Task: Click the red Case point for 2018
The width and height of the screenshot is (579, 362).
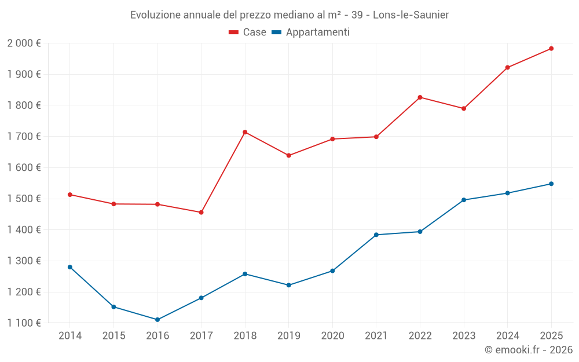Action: click(x=245, y=132)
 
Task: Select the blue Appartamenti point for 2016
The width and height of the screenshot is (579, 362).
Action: click(x=157, y=320)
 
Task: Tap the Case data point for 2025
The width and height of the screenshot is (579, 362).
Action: click(x=551, y=49)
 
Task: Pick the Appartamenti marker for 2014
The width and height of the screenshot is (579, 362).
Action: click(x=70, y=267)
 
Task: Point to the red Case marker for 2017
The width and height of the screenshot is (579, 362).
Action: click(x=201, y=213)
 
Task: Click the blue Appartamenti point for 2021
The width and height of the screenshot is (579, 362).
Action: click(x=376, y=235)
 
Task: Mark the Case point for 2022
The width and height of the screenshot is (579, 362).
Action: click(x=420, y=97)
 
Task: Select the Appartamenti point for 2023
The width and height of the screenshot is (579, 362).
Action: click(x=464, y=200)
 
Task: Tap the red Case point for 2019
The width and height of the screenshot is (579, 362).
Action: click(x=289, y=155)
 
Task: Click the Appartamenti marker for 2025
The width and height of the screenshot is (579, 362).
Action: click(x=551, y=184)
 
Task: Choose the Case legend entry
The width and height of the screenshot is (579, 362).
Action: click(x=248, y=32)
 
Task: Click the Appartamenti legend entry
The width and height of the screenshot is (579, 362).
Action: click(x=311, y=32)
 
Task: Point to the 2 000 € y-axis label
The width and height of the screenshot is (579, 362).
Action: click(x=24, y=43)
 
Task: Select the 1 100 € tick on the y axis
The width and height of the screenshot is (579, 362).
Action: click(x=24, y=323)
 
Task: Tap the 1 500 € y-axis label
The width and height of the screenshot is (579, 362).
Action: click(x=24, y=199)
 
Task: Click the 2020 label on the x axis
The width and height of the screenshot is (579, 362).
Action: click(x=332, y=335)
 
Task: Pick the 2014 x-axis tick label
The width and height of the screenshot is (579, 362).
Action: click(x=70, y=335)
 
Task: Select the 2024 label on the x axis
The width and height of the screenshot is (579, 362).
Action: click(x=507, y=335)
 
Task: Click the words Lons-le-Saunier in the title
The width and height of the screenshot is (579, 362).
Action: click(x=411, y=14)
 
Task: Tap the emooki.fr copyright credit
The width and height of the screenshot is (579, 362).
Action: click(x=529, y=350)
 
